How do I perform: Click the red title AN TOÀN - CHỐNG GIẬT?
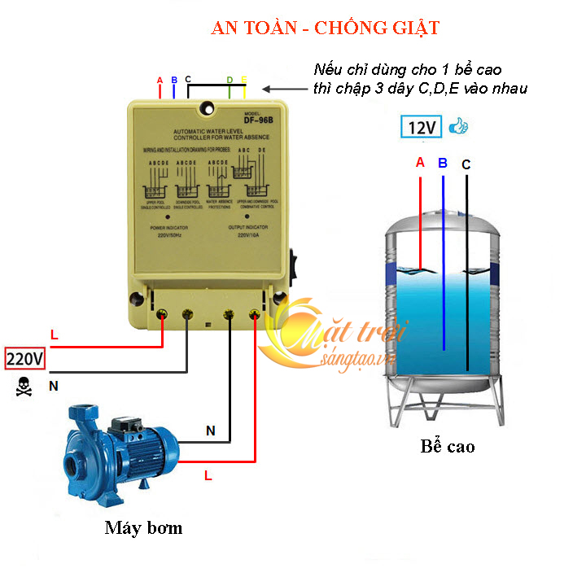pos(325,28)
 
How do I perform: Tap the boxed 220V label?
pos(25,358)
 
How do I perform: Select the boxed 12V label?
pos(422,128)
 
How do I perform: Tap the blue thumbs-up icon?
pos(460,126)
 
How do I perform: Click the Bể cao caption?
pos(447,446)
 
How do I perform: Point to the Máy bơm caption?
pos(143,527)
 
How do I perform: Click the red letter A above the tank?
pos(420,162)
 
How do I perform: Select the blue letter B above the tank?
pos(443,163)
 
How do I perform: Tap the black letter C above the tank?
pos(466,164)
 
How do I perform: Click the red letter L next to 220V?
pos(55,335)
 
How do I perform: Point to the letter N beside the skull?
pos(54,387)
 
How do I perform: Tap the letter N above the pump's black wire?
pos(210,431)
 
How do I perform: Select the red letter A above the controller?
pos(160,80)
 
